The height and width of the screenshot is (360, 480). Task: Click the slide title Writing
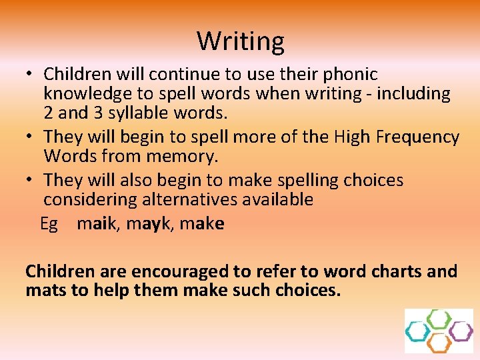tap(240, 41)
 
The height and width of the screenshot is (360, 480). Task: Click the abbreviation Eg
tap(49, 224)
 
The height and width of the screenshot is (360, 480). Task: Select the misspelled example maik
tap(95, 224)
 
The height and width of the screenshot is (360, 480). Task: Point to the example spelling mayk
tap(145, 224)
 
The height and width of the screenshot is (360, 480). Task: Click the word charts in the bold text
tap(393, 272)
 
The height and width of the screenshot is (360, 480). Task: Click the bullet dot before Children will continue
tap(32, 75)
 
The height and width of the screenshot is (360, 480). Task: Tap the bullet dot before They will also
tap(32, 181)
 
